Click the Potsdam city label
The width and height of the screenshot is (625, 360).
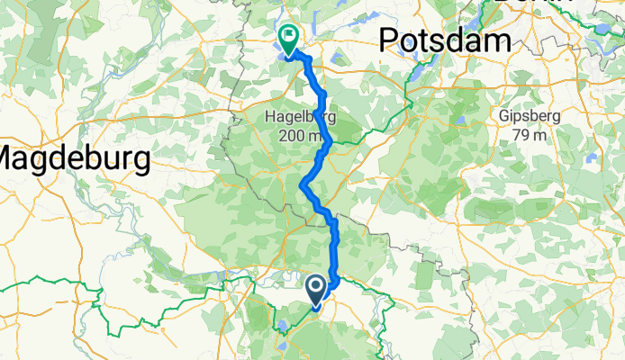click(x=445, y=40)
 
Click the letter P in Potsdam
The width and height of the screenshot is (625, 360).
click(x=390, y=40)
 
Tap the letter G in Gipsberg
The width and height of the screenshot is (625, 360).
click(x=505, y=117)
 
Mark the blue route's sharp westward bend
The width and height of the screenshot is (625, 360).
click(x=303, y=184)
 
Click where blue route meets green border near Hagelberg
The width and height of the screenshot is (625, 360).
click(x=331, y=140)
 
